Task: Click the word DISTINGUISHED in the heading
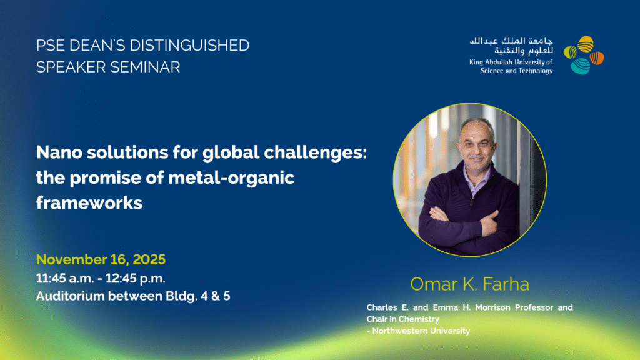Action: coord(189,45)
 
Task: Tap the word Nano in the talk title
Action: coord(59,152)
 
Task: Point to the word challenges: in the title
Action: coord(315,153)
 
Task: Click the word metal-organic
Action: coord(231,178)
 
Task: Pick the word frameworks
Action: coord(89,203)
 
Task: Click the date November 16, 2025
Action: coord(101,259)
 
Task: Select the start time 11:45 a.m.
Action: coord(65,278)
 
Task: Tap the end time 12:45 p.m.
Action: coord(136,278)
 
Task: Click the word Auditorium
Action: coord(71,296)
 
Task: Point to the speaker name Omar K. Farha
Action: coord(469,284)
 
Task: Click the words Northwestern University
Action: coord(421,331)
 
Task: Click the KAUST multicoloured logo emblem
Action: coord(584,55)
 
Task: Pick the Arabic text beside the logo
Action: coord(511,46)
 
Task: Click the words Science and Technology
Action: coord(516,71)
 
